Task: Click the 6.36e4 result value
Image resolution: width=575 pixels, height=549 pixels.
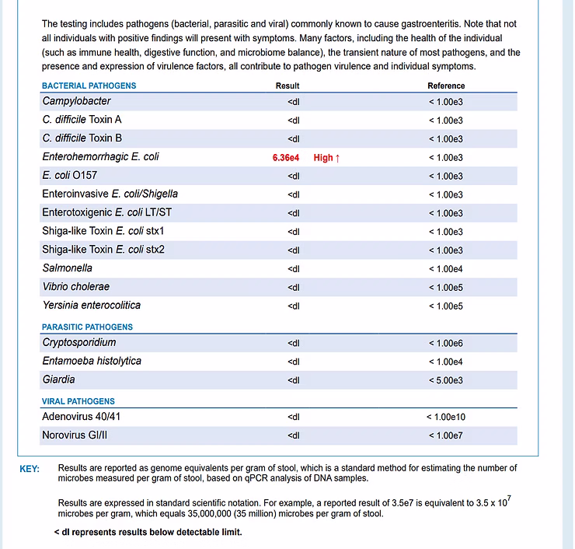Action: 286,158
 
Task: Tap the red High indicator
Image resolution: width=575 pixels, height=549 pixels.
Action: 326,158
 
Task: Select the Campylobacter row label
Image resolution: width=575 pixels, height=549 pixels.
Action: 77,101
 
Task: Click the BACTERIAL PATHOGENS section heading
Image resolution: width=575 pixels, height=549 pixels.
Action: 89,86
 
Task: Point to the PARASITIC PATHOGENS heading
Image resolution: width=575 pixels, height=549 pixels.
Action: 87,327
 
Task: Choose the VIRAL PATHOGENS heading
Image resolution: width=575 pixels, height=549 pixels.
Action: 78,401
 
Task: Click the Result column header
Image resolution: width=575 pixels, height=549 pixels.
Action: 287,86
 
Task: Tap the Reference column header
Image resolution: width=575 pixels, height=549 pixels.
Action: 446,86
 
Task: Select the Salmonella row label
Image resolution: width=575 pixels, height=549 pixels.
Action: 68,268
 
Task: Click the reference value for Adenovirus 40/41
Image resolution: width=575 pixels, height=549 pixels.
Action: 446,417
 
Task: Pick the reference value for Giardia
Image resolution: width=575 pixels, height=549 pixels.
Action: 446,380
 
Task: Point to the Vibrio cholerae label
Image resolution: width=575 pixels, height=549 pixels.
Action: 76,287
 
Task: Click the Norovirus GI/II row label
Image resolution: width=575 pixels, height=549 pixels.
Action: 75,435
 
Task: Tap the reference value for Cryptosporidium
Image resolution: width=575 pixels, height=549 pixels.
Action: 446,343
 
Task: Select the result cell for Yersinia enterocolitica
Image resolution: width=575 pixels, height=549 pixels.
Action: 294,306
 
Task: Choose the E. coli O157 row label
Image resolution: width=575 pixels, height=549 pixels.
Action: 70,176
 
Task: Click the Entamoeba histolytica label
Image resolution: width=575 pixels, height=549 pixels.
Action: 92,362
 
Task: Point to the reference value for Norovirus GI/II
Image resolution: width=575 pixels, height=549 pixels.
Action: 446,435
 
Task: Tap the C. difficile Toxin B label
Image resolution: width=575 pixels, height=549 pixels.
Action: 82,138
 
